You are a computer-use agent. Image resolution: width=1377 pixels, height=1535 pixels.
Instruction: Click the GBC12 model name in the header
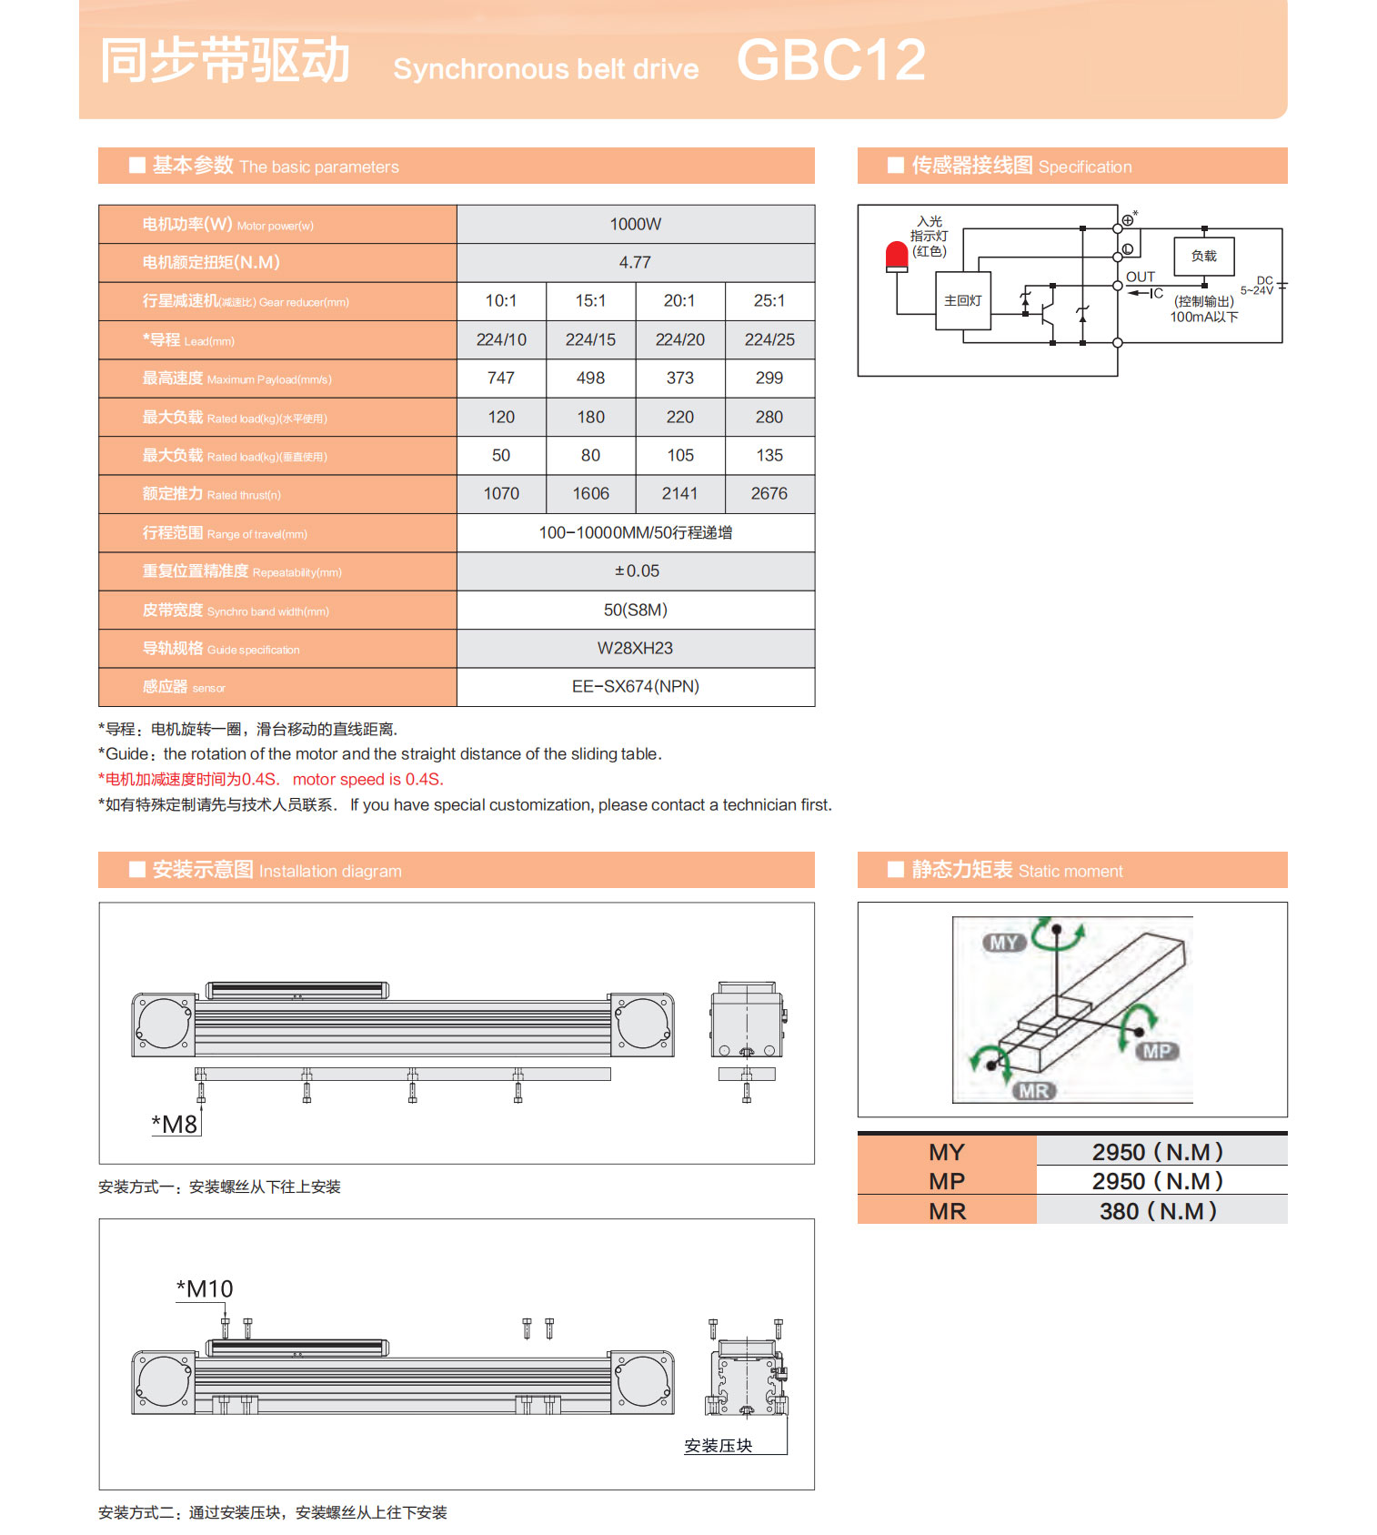pos(830,61)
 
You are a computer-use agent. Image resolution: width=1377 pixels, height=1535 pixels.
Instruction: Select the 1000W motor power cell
pos(635,225)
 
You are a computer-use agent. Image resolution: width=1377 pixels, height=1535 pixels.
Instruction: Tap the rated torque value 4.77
pos(635,263)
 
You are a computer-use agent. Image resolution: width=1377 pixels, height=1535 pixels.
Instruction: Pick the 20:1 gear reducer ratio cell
pos(679,301)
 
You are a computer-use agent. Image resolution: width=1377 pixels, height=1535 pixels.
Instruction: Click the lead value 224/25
pos(769,340)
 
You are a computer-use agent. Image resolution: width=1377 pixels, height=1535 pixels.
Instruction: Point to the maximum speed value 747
pos(500,379)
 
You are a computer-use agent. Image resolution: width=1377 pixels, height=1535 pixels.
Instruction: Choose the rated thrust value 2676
pos(769,494)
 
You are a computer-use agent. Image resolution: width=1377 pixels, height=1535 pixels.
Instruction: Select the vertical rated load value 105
pos(679,456)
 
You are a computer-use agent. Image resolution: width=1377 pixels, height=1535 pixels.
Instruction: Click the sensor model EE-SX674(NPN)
pos(635,687)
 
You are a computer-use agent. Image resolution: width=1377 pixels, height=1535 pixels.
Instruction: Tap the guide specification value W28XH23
pos(635,649)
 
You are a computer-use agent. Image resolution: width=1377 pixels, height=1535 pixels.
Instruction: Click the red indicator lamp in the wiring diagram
pos(897,257)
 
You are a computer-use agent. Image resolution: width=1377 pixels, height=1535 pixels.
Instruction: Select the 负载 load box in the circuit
pos(1203,257)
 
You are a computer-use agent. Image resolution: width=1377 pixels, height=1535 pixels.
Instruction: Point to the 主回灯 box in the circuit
pos(962,301)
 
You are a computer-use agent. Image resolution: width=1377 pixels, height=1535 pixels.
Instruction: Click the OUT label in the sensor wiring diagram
pos(1140,278)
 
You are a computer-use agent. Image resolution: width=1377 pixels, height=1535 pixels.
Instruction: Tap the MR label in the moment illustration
pos(1033,1091)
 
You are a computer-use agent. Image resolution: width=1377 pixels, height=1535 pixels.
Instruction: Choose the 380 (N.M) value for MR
pos(1158,1212)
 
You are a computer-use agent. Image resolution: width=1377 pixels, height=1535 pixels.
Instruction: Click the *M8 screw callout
pos(175,1125)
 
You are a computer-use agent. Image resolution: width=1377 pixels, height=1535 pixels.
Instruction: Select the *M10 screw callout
pos(205,1289)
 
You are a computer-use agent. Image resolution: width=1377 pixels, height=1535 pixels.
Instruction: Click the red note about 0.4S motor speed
pos(271,780)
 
